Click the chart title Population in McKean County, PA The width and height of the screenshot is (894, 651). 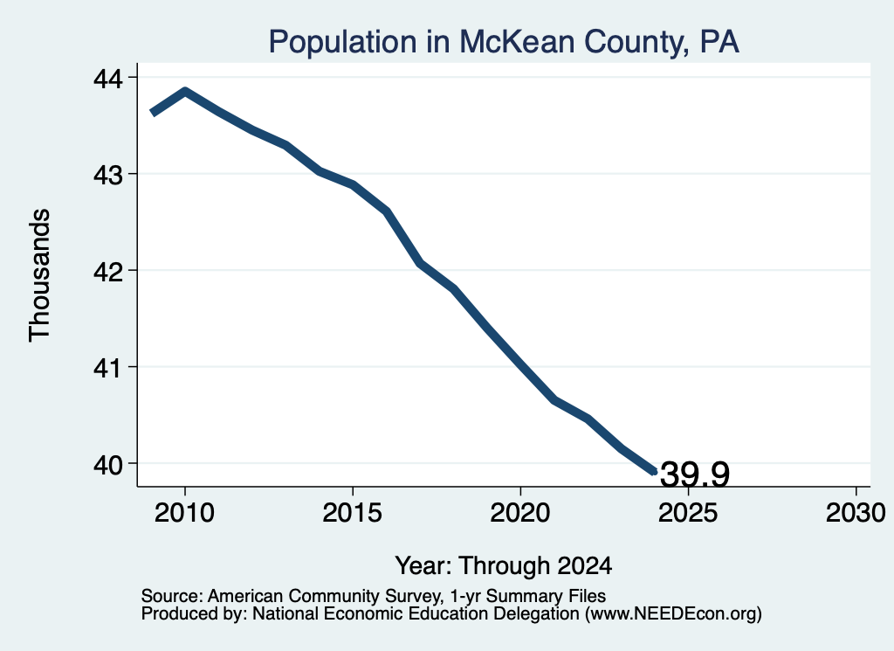point(504,42)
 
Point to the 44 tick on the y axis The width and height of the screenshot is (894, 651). point(107,78)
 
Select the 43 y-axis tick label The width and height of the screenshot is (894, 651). point(107,175)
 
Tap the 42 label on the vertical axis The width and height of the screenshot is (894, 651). point(107,271)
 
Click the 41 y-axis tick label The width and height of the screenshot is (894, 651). point(107,368)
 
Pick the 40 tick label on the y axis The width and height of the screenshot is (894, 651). point(107,464)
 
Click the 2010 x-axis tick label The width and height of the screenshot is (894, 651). point(184,512)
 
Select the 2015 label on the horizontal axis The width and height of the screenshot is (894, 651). point(353,512)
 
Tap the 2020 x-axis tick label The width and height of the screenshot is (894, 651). point(520,512)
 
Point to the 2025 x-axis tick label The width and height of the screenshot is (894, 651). point(688,512)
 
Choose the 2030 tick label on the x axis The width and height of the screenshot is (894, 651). point(856,512)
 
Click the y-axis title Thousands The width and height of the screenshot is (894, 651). point(39,275)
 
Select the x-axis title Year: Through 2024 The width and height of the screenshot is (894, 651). point(504,566)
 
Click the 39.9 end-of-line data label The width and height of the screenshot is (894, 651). point(694,474)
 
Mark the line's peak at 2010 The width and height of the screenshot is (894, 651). point(185,91)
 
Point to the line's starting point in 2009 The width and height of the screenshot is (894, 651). point(152,113)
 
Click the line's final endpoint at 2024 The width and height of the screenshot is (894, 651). point(655,471)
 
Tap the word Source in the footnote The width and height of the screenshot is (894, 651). point(172,596)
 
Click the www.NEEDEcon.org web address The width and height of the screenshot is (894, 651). point(673,614)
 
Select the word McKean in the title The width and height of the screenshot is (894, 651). point(517,42)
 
